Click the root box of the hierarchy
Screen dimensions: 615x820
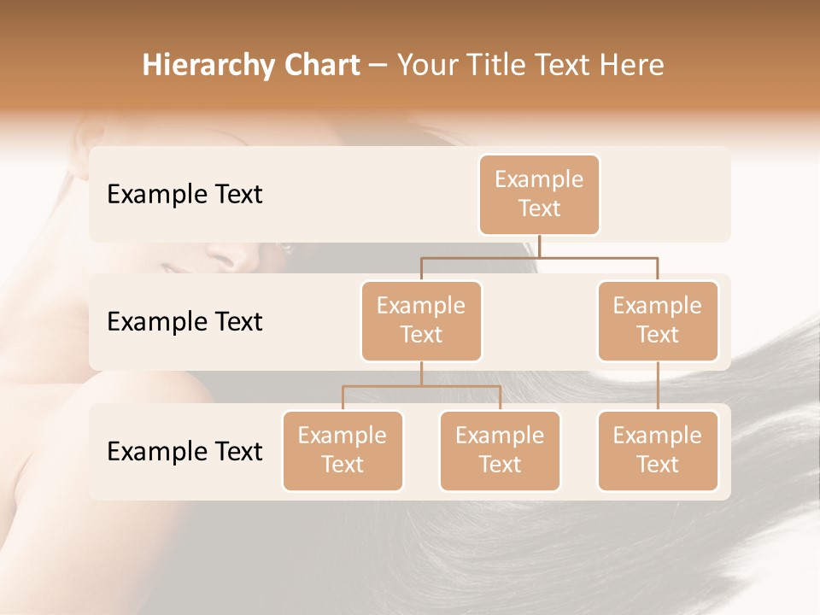(x=539, y=194)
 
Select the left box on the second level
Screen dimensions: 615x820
(x=421, y=320)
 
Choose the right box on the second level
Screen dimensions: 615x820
(x=658, y=320)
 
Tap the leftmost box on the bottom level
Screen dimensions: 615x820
(x=343, y=450)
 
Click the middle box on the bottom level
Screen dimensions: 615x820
(x=500, y=450)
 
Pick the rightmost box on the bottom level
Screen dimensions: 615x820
(x=658, y=450)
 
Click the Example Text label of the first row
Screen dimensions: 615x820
(x=184, y=194)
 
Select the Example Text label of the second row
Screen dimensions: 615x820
(x=184, y=321)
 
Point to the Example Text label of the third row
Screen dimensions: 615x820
(x=184, y=451)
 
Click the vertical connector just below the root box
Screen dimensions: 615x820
(x=539, y=246)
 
